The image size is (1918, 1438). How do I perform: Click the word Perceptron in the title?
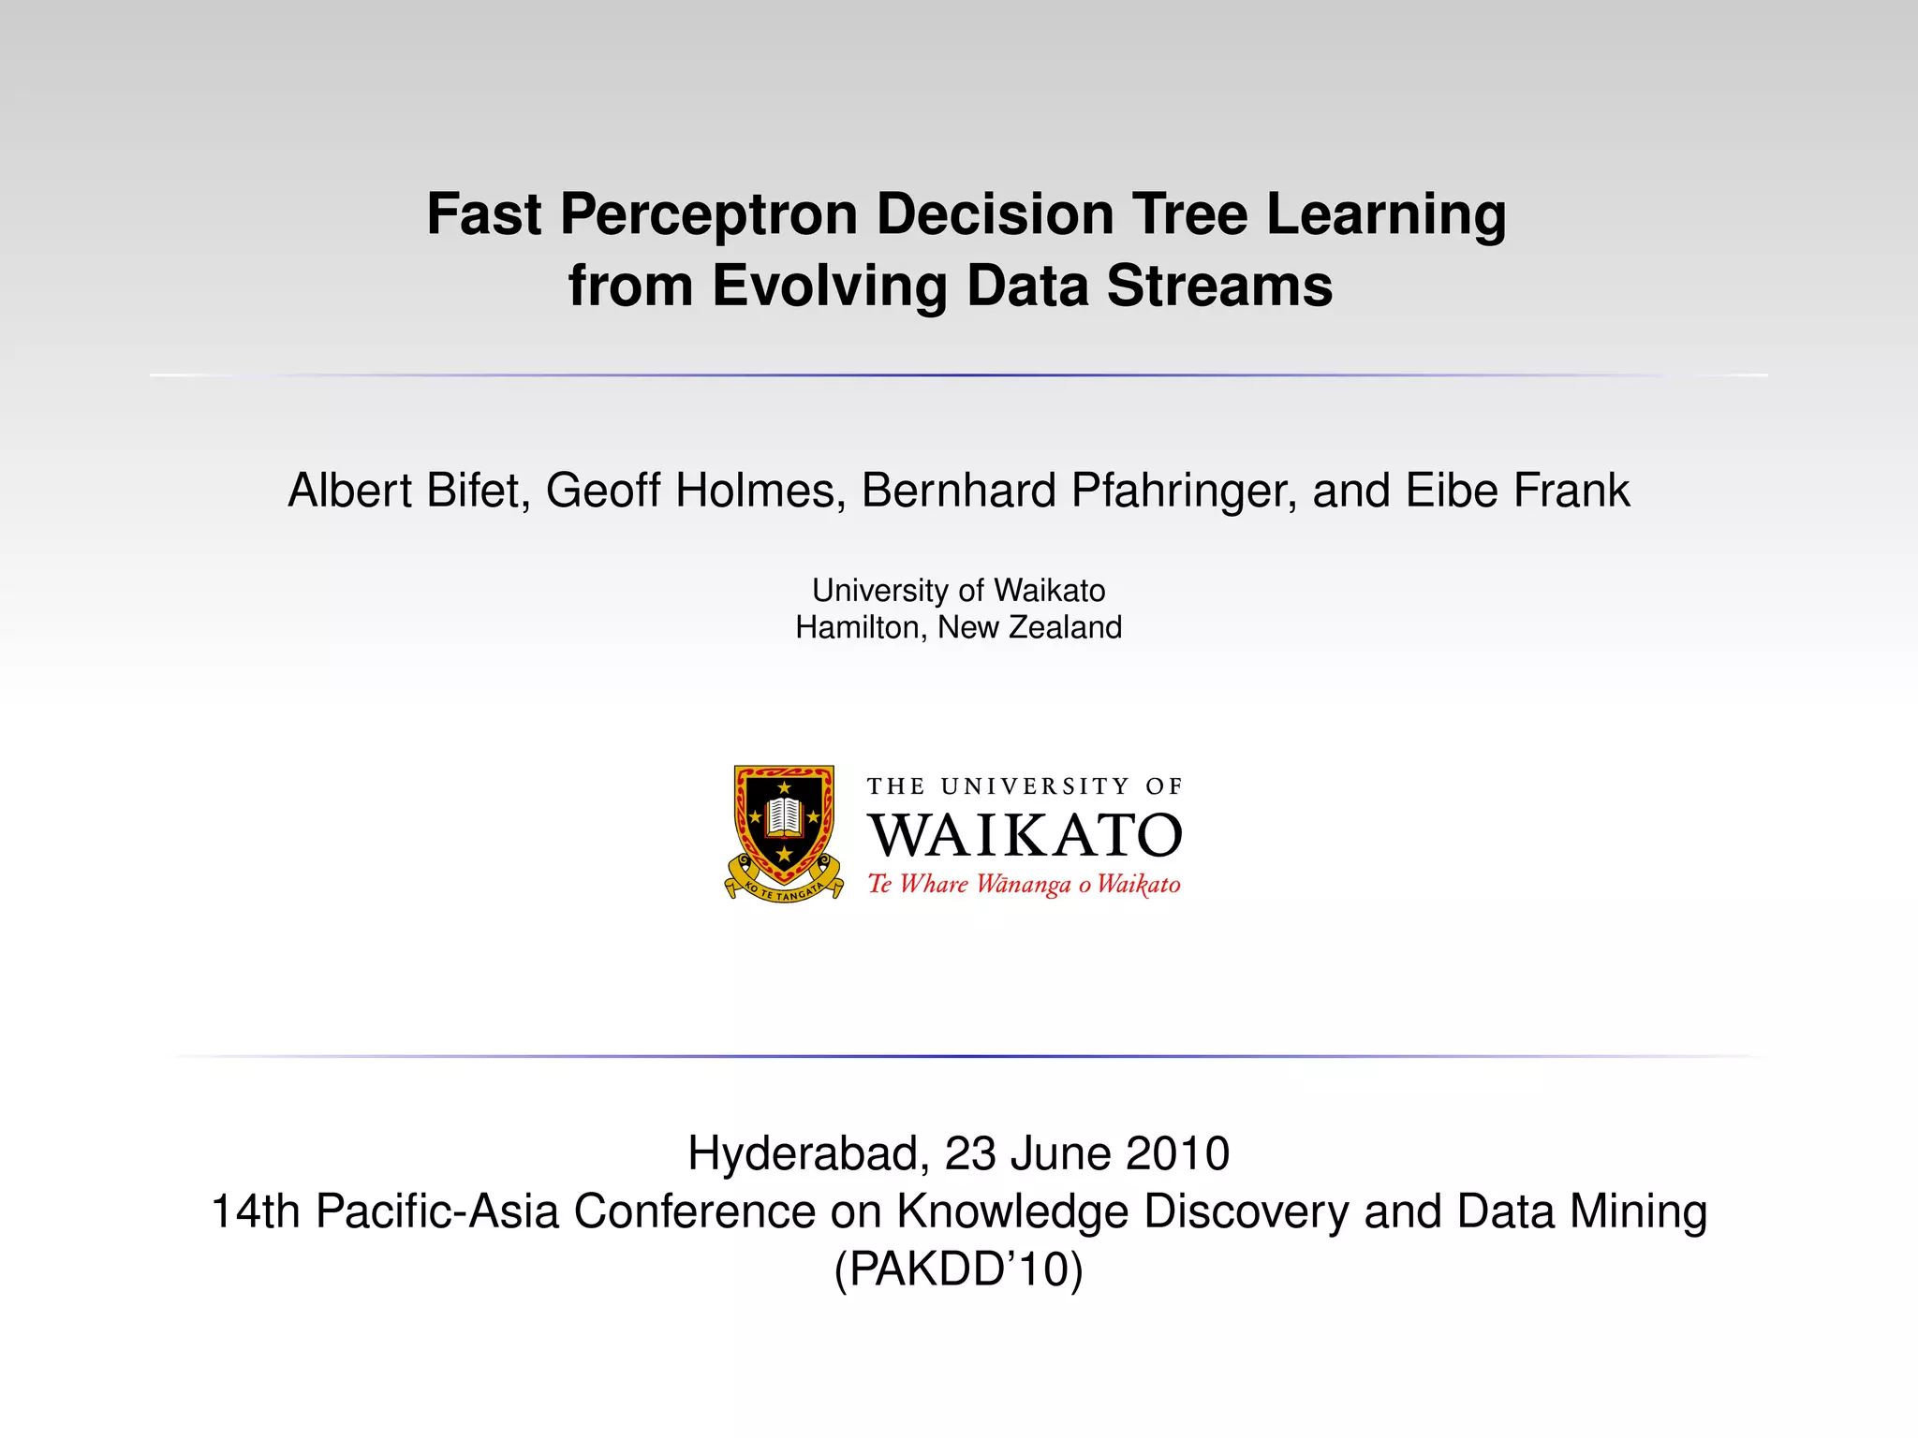[708, 214]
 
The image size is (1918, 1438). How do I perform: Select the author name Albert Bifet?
[405, 491]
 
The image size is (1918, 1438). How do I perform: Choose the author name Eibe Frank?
[1517, 491]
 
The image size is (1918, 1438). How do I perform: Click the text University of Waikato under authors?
[958, 591]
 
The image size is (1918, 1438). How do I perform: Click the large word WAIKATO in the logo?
[1025, 835]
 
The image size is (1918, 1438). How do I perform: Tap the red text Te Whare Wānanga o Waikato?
[1024, 885]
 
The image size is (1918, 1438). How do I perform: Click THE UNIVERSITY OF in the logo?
[1025, 786]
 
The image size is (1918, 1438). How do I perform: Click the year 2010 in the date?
[1178, 1153]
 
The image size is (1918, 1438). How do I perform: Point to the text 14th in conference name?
[254, 1211]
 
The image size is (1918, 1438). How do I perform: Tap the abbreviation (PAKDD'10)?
[958, 1270]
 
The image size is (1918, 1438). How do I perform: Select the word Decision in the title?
[995, 214]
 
